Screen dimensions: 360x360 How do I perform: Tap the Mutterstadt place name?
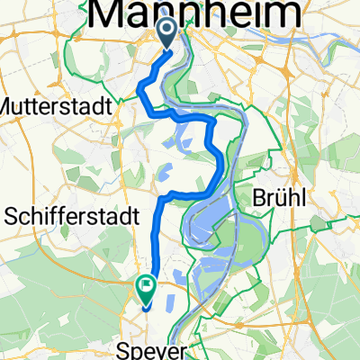[56, 105]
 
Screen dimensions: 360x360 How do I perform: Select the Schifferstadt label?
[72, 216]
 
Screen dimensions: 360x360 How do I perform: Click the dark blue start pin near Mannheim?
[168, 35]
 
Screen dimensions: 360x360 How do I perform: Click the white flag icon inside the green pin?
[146, 286]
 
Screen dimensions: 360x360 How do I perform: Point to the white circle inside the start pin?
[168, 33]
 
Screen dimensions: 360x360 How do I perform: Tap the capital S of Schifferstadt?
[13, 216]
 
